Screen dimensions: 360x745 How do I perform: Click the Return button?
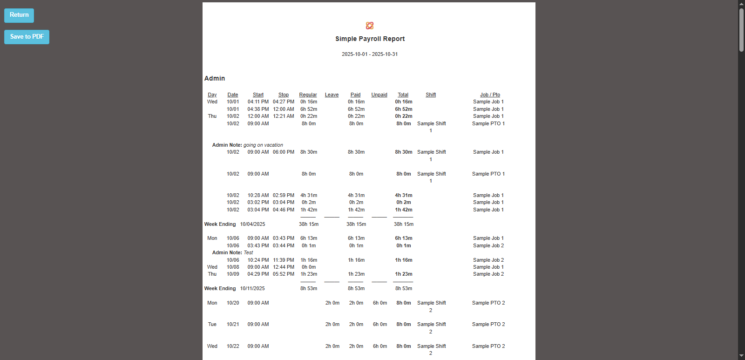tap(19, 15)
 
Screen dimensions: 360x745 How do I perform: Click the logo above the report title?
tap(370, 26)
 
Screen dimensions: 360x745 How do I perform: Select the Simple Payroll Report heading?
tap(370, 39)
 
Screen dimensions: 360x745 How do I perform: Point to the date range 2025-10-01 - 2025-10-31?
tap(370, 54)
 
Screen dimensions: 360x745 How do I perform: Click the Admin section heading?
tap(215, 79)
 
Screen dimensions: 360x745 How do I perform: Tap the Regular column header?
tap(308, 95)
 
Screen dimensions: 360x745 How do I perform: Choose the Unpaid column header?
tap(379, 95)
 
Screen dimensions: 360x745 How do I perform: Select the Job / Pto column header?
tap(490, 95)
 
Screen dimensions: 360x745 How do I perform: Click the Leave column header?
tap(332, 95)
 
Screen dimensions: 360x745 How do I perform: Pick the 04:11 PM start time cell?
tap(258, 102)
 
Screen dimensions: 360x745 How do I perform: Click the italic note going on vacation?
tap(263, 145)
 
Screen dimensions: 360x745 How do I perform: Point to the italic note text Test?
tap(248, 253)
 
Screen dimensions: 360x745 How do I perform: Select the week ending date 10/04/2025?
tap(252, 224)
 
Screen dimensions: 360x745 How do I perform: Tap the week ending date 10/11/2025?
tap(252, 289)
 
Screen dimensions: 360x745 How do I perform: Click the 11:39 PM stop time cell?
tap(283, 260)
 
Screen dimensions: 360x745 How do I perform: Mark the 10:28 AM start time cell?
tap(258, 196)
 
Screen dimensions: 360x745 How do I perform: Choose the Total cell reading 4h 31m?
tap(403, 196)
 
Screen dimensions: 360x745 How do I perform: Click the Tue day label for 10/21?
tap(212, 325)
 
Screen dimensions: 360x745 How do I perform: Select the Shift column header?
tap(431, 95)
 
